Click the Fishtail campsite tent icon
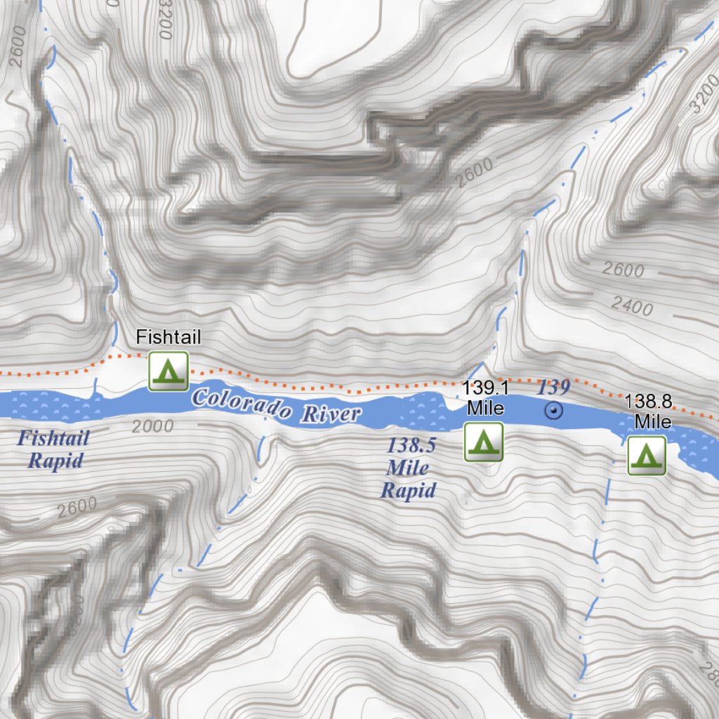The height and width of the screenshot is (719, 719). pyautogui.click(x=168, y=371)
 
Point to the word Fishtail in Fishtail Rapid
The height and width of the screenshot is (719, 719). pyautogui.click(x=53, y=439)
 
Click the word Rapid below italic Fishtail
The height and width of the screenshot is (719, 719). pyautogui.click(x=55, y=461)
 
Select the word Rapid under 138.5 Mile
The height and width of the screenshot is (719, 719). pyautogui.click(x=408, y=490)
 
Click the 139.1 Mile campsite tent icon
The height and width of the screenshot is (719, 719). pyautogui.click(x=484, y=442)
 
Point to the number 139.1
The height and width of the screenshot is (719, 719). pyautogui.click(x=484, y=387)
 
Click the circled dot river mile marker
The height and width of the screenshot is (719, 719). pyautogui.click(x=555, y=411)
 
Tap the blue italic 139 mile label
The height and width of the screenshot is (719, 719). pyautogui.click(x=553, y=388)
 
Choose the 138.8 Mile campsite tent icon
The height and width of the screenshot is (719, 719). pyautogui.click(x=647, y=455)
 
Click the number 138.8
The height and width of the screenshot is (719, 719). pyautogui.click(x=648, y=402)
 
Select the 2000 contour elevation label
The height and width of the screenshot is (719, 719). pyautogui.click(x=152, y=426)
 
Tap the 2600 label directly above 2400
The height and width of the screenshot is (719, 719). pyautogui.click(x=623, y=270)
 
